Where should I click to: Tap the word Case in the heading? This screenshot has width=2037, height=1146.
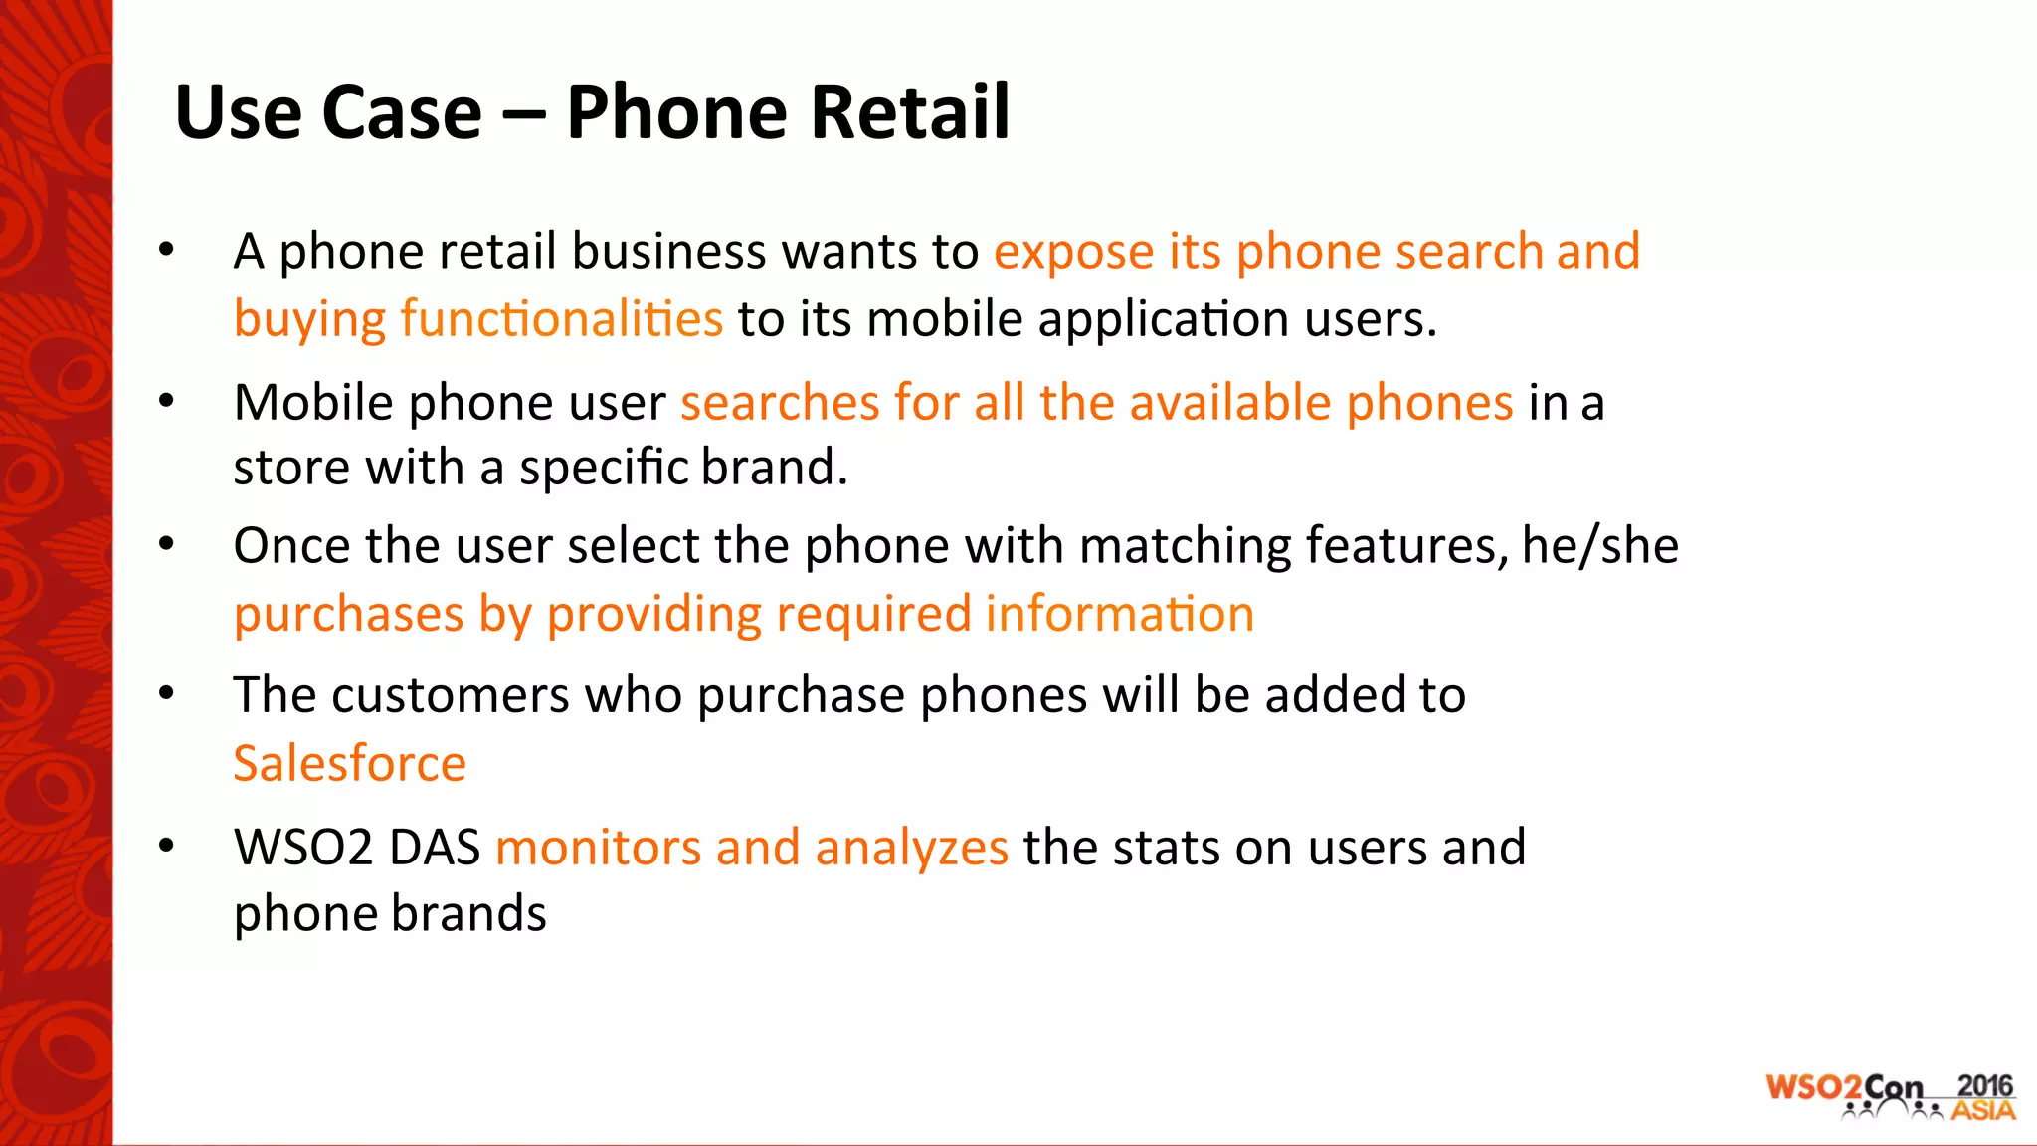click(x=402, y=111)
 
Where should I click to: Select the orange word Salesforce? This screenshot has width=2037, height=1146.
click(x=349, y=764)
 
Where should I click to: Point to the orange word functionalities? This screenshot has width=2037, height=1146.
click(x=561, y=319)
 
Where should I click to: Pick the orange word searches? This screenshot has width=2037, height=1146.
click(x=780, y=404)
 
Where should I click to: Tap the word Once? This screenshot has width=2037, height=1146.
click(x=291, y=546)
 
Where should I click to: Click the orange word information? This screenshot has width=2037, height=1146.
click(x=1119, y=614)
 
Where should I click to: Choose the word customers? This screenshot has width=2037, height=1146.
click(x=451, y=695)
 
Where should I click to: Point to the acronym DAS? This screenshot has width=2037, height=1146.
click(x=434, y=849)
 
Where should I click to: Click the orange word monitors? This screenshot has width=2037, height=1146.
click(x=598, y=849)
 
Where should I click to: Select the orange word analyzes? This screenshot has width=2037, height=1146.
click(x=911, y=849)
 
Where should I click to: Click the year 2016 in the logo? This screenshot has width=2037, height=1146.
click(x=1984, y=1086)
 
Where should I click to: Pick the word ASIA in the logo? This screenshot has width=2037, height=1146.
click(x=1983, y=1110)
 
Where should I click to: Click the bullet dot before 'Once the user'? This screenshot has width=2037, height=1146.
click(x=166, y=544)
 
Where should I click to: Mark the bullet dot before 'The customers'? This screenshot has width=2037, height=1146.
click(x=166, y=693)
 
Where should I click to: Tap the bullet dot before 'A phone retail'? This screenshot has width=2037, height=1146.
click(x=166, y=249)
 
